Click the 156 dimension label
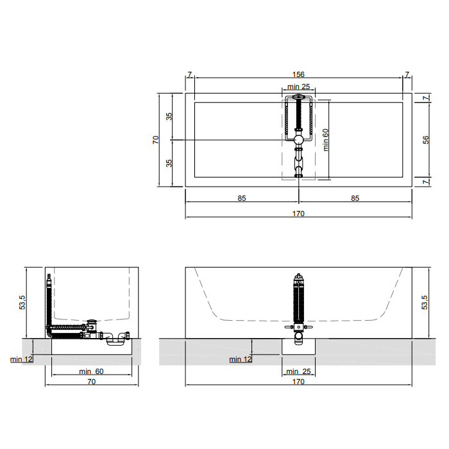[298, 74]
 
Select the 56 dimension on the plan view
[426, 140]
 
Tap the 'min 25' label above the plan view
[298, 87]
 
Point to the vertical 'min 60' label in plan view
[326, 140]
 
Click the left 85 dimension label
[242, 198]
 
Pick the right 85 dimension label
[355, 198]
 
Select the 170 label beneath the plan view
[298, 214]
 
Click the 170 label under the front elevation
[298, 382]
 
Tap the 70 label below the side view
[91, 382]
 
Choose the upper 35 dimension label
[169, 116]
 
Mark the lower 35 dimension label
[169, 163]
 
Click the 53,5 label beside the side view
[22, 302]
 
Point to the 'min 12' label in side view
[21, 359]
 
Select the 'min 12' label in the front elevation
[241, 359]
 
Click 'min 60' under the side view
[91, 371]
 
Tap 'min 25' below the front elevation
[298, 371]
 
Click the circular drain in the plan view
[298, 140]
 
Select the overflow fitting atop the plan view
[298, 97]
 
